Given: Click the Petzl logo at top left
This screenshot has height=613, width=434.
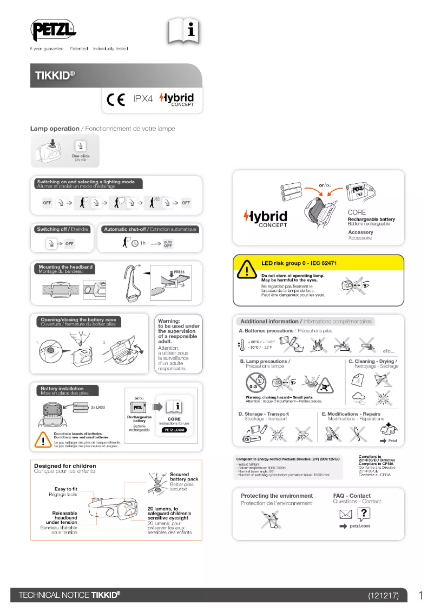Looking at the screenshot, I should [53, 30].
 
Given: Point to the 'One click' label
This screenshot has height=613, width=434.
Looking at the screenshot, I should [81, 156].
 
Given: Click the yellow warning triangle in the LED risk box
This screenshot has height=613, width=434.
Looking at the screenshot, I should [247, 269].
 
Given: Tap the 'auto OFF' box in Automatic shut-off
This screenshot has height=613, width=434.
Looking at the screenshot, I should [168, 243].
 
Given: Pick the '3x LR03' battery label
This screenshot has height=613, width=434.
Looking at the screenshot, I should [97, 406].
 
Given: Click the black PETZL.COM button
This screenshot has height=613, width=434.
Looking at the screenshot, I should [174, 430].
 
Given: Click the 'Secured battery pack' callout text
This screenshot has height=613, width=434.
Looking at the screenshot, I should [184, 477].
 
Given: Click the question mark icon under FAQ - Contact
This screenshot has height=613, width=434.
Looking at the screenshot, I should [365, 514].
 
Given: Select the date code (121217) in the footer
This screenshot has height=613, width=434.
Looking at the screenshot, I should [383, 595].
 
